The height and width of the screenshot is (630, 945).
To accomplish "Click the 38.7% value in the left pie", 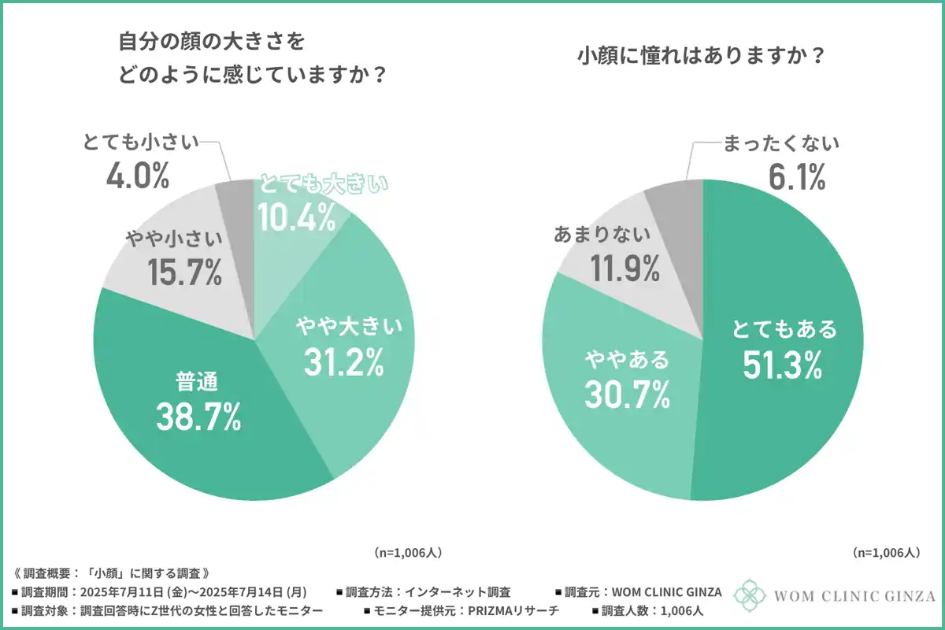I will [198, 417].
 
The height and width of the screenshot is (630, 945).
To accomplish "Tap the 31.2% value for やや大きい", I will [343, 360].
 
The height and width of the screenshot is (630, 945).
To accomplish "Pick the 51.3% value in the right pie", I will [780, 363].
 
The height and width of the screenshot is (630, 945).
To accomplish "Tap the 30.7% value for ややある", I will [627, 394].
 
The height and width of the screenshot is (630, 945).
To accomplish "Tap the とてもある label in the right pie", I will [780, 328].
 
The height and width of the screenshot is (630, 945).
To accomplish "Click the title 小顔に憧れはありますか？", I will [701, 57].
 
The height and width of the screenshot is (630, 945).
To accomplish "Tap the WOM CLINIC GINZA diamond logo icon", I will [749, 596].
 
